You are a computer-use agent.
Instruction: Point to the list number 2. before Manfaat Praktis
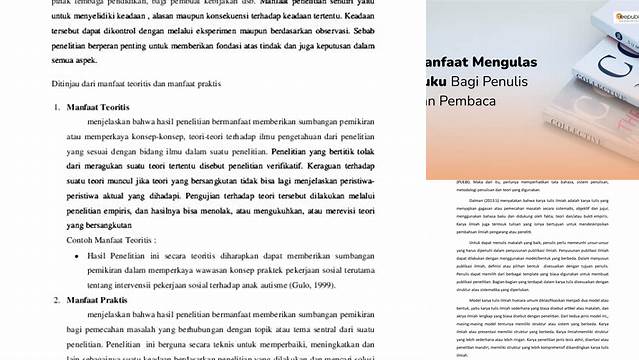pos(58,299)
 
